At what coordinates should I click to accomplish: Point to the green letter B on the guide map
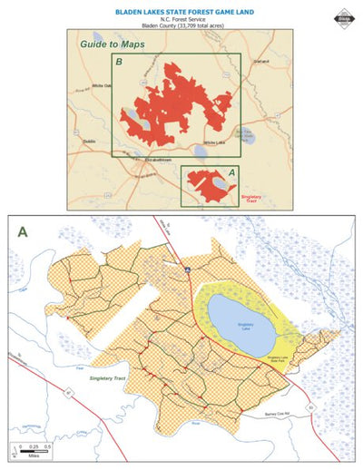[x=118, y=63]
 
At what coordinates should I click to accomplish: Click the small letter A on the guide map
[x=231, y=171]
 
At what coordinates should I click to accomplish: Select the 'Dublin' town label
[x=89, y=143]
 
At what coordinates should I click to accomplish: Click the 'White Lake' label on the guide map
[x=214, y=142]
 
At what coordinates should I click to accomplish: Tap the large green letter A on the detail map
[x=23, y=231]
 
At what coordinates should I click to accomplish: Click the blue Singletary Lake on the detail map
[x=241, y=321]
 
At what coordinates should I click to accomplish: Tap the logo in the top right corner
[x=345, y=13]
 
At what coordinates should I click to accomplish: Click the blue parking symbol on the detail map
[x=187, y=269]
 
